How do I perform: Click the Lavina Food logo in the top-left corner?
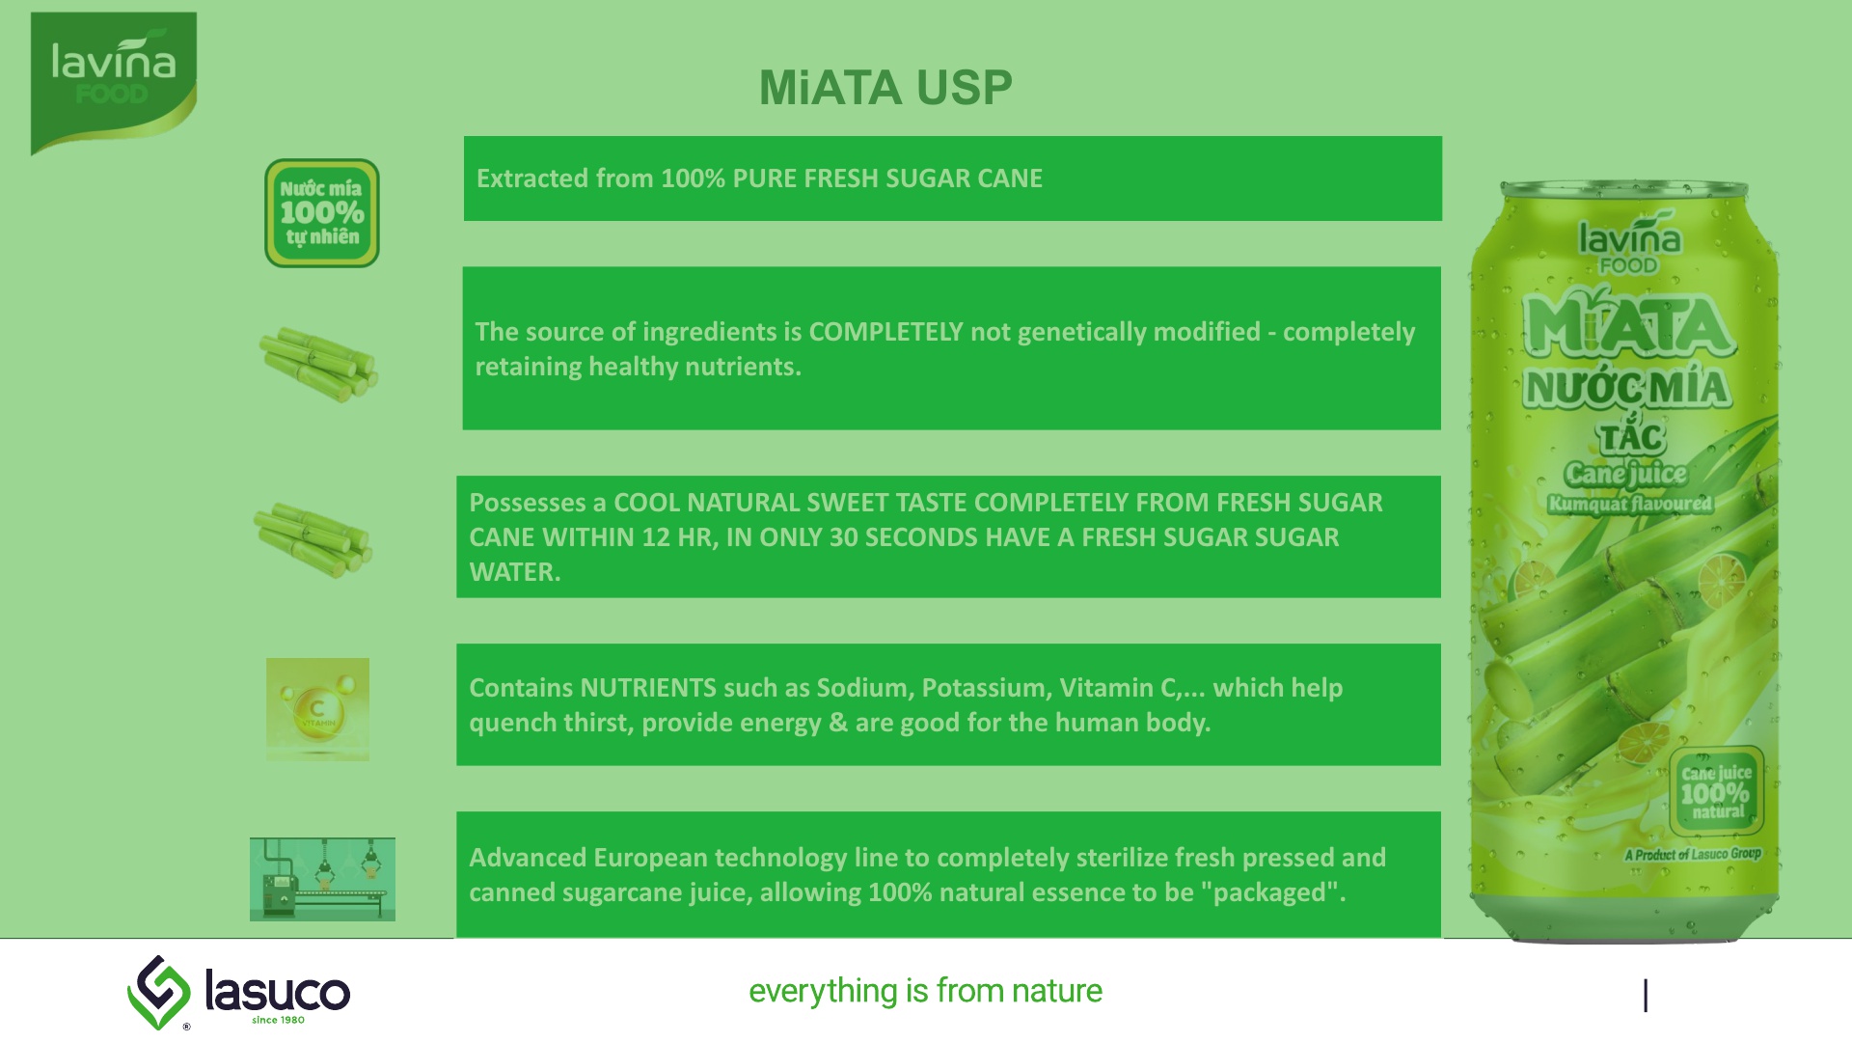[114, 83]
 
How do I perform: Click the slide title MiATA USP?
[885, 88]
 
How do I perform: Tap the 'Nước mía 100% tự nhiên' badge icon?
[322, 213]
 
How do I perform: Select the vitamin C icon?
[317, 709]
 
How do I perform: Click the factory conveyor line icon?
[322, 879]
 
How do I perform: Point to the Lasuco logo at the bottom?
[239, 993]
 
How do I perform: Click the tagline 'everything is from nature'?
[925, 991]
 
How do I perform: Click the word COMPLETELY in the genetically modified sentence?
[885, 332]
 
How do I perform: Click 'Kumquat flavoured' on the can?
[1630, 504]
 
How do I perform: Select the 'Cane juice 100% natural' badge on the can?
[1716, 791]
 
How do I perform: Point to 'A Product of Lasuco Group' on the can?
[1693, 854]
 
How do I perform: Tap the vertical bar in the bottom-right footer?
[1646, 996]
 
